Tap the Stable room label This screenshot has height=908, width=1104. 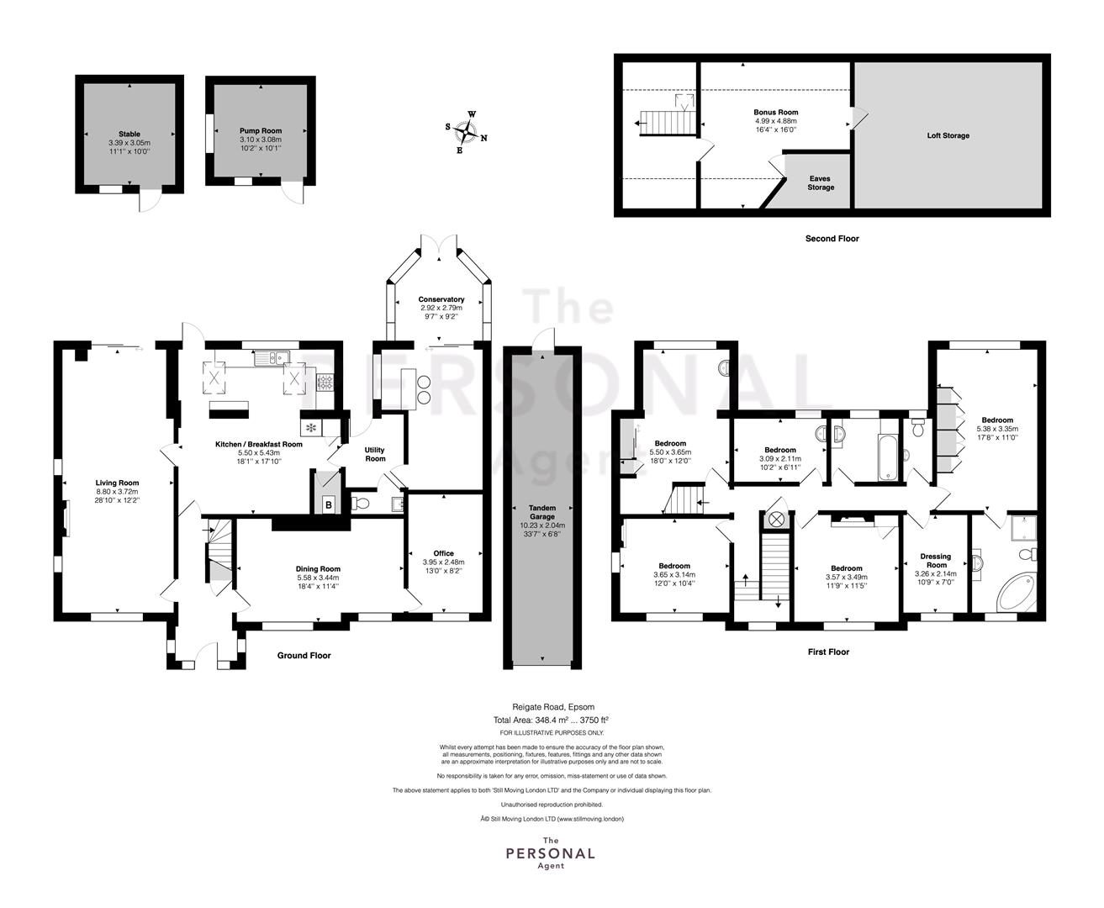[129, 134]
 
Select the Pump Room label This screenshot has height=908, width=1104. [261, 131]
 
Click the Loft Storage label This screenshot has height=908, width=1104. [948, 135]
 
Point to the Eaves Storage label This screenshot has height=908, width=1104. [821, 182]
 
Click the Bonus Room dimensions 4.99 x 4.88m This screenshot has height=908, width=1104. [776, 121]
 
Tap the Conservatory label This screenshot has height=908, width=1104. [441, 299]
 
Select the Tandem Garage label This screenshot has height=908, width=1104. [541, 512]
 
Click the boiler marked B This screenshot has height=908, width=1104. [329, 505]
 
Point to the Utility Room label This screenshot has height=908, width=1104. [375, 454]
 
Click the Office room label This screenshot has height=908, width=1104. [443, 553]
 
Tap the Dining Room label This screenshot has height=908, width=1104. [318, 569]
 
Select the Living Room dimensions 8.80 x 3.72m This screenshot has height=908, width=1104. [117, 492]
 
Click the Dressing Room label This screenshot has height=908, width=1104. [936, 561]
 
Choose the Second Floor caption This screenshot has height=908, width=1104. [832, 239]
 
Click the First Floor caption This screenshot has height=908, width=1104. [828, 652]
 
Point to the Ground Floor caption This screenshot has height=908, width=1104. [304, 655]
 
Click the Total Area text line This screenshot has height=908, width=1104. [551, 720]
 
